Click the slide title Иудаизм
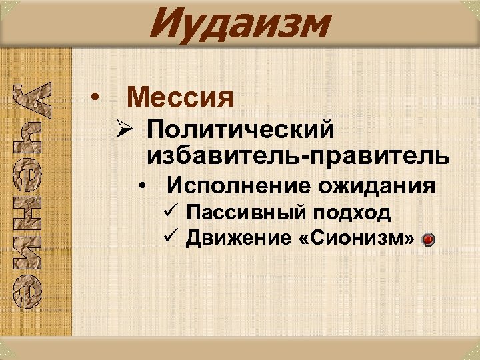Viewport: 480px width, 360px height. (240, 25)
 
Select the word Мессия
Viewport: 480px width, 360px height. (181, 99)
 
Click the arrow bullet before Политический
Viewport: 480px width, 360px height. (121, 128)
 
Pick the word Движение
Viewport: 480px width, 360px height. (235, 237)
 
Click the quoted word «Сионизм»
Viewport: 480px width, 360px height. (354, 237)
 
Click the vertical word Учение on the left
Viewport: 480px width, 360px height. (27, 193)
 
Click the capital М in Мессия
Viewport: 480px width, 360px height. (138, 99)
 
